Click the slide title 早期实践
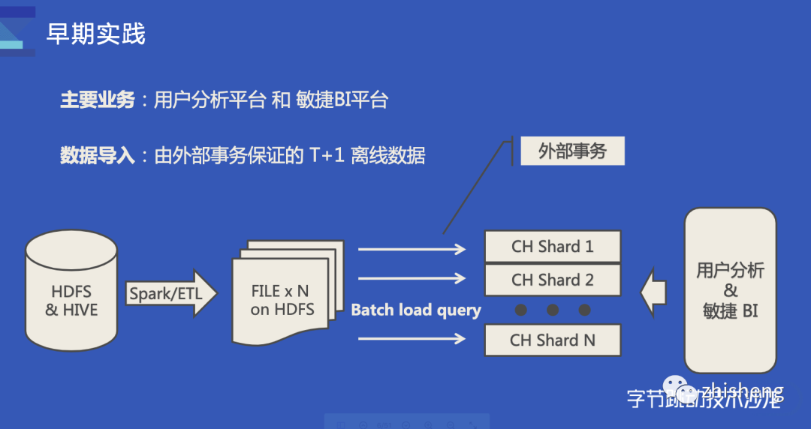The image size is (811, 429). pyautogui.click(x=96, y=34)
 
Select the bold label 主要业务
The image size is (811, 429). pyautogui.click(x=98, y=100)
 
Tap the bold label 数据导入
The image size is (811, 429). pyautogui.click(x=98, y=155)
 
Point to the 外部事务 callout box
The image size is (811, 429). pyautogui.click(x=572, y=151)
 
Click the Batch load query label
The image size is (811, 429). pyautogui.click(x=416, y=310)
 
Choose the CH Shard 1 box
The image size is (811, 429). pyautogui.click(x=553, y=246)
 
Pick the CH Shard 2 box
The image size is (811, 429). pyautogui.click(x=553, y=280)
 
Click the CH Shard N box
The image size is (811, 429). pyautogui.click(x=553, y=340)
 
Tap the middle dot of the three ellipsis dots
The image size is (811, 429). pyautogui.click(x=553, y=310)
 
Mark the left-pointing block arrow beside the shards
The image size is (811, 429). pyautogui.click(x=653, y=292)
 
